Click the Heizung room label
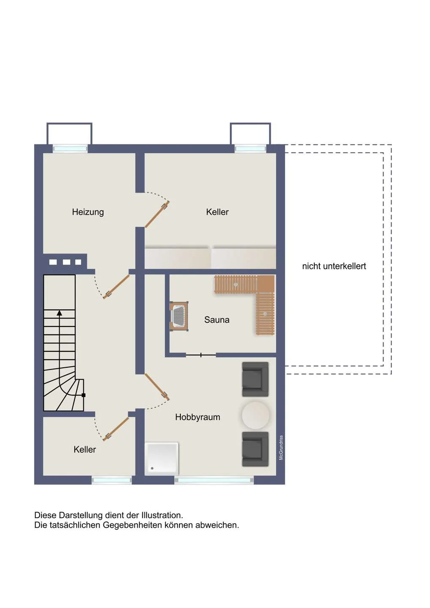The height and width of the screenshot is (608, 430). click(88, 212)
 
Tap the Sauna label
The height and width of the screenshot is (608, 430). click(217, 320)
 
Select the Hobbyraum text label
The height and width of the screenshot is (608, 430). click(197, 417)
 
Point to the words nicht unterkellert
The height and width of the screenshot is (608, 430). click(334, 266)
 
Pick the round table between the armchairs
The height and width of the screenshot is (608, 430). click(256, 415)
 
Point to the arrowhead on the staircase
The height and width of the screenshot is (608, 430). click(60, 313)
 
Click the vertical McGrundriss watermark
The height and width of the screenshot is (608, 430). click(281, 448)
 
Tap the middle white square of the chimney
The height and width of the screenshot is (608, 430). click(66, 262)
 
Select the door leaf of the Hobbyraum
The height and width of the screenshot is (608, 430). click(157, 387)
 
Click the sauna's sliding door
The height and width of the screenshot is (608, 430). click(201, 355)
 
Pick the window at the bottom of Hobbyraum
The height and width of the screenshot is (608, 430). click(214, 480)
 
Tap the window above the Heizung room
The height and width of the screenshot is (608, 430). click(70, 149)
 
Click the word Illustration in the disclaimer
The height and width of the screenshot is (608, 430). click(162, 515)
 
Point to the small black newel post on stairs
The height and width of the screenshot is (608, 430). click(83, 395)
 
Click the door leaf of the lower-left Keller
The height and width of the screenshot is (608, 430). click(116, 429)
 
